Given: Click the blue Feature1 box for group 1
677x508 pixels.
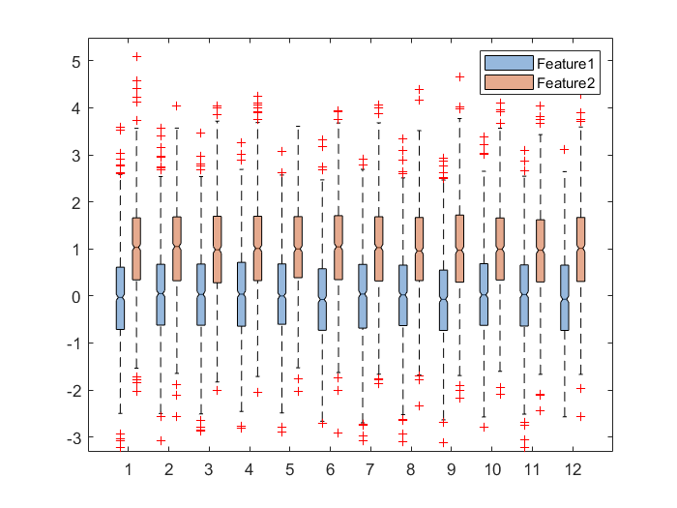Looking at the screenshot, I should [x=120, y=298].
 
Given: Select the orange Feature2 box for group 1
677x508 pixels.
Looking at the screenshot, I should [x=136, y=249].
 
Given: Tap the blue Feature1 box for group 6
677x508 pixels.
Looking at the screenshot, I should [x=322, y=299].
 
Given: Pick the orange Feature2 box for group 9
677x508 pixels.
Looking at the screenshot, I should [x=459, y=249].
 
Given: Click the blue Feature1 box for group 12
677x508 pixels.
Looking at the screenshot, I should [x=565, y=297].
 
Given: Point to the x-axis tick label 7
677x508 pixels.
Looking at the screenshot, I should [x=370, y=469].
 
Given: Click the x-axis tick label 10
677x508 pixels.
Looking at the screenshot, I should [x=491, y=469].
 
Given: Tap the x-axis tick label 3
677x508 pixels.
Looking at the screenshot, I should [x=209, y=469].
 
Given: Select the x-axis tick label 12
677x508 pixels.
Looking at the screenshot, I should [x=573, y=469].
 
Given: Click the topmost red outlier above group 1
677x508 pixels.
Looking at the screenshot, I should [x=136, y=57].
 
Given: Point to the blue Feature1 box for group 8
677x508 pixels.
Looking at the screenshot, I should [x=402, y=295].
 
